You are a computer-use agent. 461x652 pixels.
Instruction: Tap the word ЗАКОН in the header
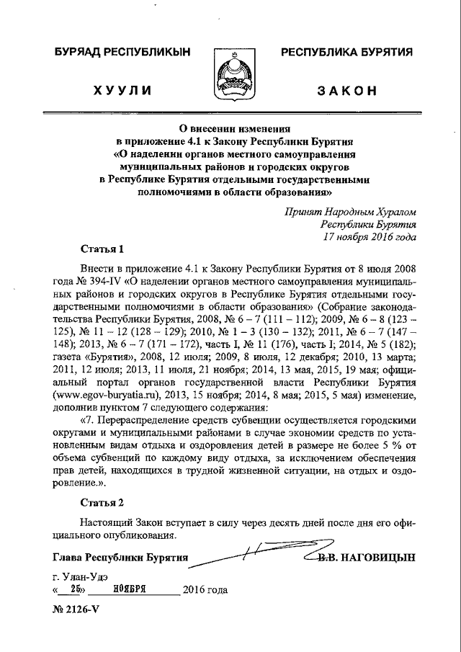(x=347, y=90)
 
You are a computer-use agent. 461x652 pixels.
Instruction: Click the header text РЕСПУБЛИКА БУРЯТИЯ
(x=346, y=52)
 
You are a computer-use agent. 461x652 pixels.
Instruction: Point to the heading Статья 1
(x=102, y=249)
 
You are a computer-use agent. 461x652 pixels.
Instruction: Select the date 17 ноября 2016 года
(x=369, y=236)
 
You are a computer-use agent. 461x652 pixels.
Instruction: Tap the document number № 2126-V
(x=76, y=609)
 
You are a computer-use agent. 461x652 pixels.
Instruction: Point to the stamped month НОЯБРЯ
(x=130, y=589)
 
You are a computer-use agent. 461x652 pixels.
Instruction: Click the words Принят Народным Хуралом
(x=349, y=212)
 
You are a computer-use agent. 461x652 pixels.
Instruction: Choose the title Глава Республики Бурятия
(x=120, y=558)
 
